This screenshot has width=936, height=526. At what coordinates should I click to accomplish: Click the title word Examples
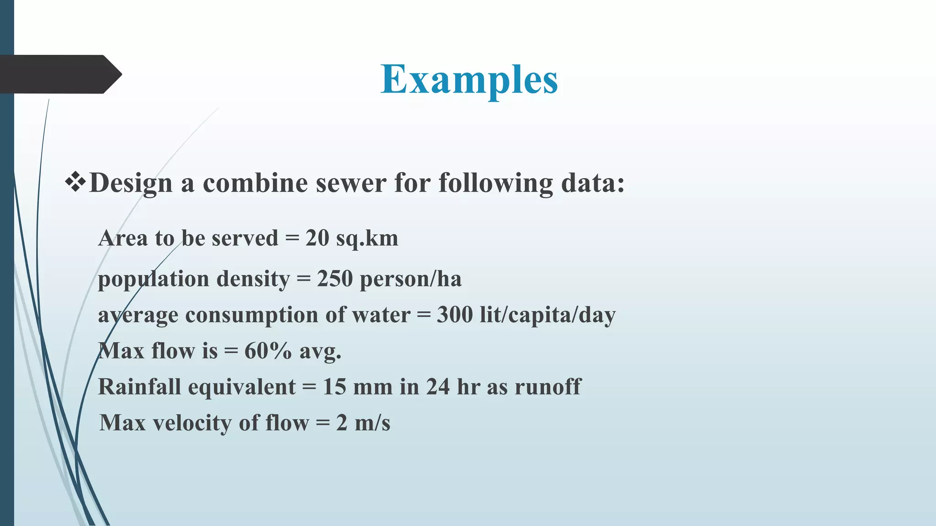coord(469,79)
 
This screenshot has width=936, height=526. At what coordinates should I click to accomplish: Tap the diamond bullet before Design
coord(75,183)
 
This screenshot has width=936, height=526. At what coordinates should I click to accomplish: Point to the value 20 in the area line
coord(317,238)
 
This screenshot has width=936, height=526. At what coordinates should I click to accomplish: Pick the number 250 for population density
coord(335,279)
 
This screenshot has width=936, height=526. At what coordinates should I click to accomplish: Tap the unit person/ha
coord(411,279)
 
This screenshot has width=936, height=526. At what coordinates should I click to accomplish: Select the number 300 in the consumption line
coord(455,315)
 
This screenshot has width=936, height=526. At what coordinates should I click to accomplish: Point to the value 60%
coord(268,351)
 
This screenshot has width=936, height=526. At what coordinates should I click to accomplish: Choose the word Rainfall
coord(139,387)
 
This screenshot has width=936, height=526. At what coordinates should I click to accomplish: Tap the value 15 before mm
coord(335,387)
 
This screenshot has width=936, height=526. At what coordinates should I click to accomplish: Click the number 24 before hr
coord(438,387)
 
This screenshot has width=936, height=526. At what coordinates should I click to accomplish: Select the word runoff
coord(548,387)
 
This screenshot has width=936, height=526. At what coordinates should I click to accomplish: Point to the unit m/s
coord(372,423)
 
